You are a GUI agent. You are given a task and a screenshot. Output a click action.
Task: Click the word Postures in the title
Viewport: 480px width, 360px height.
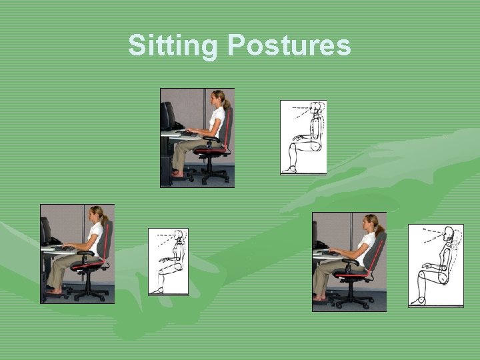coord(289,46)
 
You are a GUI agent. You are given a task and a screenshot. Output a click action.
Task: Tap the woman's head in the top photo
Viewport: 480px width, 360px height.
coord(218,97)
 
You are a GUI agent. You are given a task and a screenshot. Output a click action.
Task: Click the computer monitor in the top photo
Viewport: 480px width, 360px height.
coord(167,116)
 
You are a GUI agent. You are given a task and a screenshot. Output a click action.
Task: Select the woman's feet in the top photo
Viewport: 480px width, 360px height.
coord(177,174)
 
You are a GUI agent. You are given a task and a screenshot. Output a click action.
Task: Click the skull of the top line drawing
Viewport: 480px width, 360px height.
coord(317,109)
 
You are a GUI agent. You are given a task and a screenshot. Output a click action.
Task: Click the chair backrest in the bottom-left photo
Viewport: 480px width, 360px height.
coord(107,240)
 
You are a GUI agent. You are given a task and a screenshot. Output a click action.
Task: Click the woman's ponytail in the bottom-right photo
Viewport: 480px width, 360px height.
coord(381,230)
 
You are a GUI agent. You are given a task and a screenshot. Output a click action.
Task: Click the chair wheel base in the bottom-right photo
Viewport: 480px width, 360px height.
coord(354,300)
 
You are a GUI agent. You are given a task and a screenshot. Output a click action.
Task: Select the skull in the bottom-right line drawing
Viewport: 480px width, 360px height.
coord(448,234)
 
